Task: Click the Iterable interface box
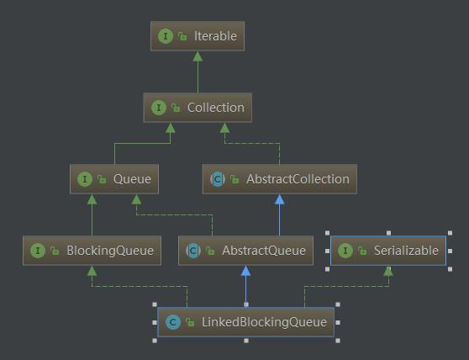pyautogui.click(x=198, y=36)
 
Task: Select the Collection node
pyautogui.click(x=198, y=108)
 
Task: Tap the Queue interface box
pyautogui.click(x=114, y=179)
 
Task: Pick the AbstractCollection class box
pyautogui.click(x=280, y=179)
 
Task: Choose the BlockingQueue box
pyautogui.click(x=92, y=251)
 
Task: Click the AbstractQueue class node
pyautogui.click(x=246, y=251)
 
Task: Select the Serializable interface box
pyautogui.click(x=388, y=251)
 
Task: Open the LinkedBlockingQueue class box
pyautogui.click(x=246, y=322)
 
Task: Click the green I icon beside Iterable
pyautogui.click(x=166, y=36)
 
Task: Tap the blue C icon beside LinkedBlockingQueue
pyautogui.click(x=173, y=322)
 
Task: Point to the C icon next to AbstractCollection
pyautogui.click(x=218, y=179)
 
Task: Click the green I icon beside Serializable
pyautogui.click(x=345, y=251)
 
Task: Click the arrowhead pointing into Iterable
pyautogui.click(x=198, y=56)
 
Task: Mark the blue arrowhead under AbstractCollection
pyautogui.click(x=280, y=199)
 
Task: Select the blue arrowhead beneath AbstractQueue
pyautogui.click(x=246, y=271)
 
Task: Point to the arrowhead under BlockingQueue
pyautogui.click(x=92, y=271)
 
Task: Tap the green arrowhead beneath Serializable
pyautogui.click(x=388, y=271)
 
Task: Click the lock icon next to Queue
pyautogui.click(x=102, y=179)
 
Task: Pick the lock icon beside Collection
pyautogui.click(x=176, y=108)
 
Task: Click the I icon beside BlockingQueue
pyautogui.click(x=38, y=251)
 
